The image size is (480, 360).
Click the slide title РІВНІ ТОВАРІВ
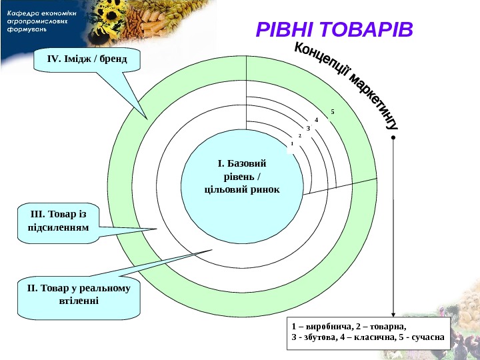(x=335, y=31)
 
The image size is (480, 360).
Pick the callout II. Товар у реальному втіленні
(x=79, y=295)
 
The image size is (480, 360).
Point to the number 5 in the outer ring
(x=332, y=111)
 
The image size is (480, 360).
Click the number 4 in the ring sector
(x=317, y=119)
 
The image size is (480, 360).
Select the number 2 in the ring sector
(x=300, y=135)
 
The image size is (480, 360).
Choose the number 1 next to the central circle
(x=292, y=143)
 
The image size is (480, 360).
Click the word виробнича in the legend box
(x=328, y=327)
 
